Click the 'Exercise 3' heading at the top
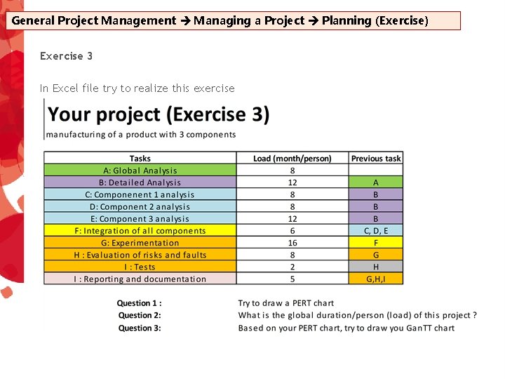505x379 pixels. coord(66,55)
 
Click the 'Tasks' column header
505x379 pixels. coord(140,159)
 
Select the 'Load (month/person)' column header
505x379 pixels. coord(292,159)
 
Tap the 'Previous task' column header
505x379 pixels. coord(376,159)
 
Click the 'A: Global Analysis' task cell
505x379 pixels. coord(140,171)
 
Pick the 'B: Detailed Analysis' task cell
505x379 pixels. coord(140,182)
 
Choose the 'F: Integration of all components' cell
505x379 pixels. coord(140,231)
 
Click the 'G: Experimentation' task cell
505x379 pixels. coord(140,243)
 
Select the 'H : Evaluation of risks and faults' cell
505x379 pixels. coord(140,255)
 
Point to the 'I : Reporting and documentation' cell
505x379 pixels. coord(140,279)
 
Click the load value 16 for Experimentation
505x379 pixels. coord(292,243)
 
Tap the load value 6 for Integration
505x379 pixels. coord(292,231)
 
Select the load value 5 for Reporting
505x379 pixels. coord(292,279)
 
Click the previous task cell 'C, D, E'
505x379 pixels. coord(376,231)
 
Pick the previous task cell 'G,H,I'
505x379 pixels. coord(376,279)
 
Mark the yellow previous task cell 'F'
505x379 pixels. coord(376,243)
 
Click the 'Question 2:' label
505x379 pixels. coord(140,315)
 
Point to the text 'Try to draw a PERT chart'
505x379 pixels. coord(285,303)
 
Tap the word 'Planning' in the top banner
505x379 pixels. coord(346,20)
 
